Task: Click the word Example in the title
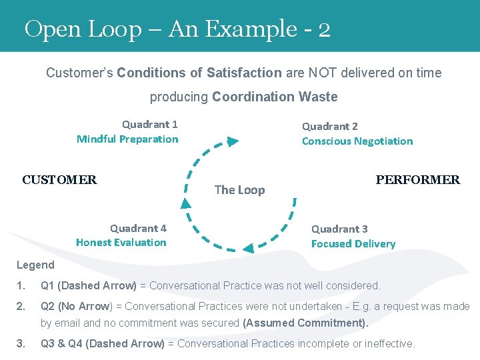pyautogui.click(x=252, y=29)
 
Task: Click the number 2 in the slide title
pyautogui.click(x=324, y=29)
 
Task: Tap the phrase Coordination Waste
pyautogui.click(x=275, y=97)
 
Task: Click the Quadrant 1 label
pyautogui.click(x=149, y=124)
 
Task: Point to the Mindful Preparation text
pyautogui.click(x=127, y=139)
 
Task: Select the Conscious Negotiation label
pyautogui.click(x=357, y=141)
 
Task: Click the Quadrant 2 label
pyautogui.click(x=329, y=126)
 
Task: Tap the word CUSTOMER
pyautogui.click(x=59, y=179)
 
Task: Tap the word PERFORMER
pyautogui.click(x=417, y=179)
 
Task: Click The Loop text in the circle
pyautogui.click(x=239, y=190)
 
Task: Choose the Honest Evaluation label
pyautogui.click(x=121, y=242)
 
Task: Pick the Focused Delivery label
pyautogui.click(x=353, y=243)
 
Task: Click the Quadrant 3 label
pyautogui.click(x=339, y=229)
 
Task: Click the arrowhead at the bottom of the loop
pyautogui.click(x=248, y=249)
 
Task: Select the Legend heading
pyautogui.click(x=35, y=265)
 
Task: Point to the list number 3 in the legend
pyautogui.click(x=21, y=343)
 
